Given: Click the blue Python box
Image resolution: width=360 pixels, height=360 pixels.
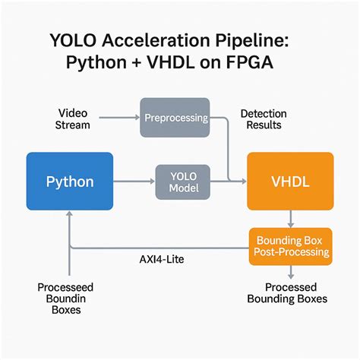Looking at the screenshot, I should coord(70,182).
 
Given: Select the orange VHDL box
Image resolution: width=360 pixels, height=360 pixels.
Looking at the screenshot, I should coord(290,182).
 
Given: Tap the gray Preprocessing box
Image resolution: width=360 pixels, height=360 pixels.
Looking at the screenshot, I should coord(175,118).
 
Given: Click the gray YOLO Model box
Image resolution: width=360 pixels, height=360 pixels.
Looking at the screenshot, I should coord(182,182).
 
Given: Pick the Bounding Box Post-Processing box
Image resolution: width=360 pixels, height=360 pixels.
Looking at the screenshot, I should coord(290,246).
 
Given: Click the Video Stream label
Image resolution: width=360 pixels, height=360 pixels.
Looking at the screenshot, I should coord(73,118).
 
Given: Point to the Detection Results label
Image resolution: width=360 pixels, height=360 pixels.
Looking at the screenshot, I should coord(263,118).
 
